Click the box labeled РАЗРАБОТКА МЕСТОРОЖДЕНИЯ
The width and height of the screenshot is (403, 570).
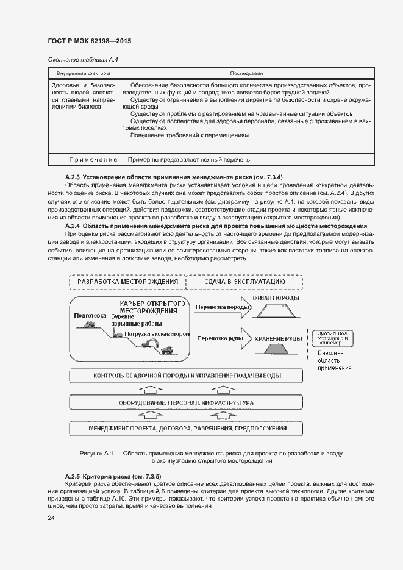point(127,282)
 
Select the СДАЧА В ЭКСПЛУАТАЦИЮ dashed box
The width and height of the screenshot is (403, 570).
point(244,282)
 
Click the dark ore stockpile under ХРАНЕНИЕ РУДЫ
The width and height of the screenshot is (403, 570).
point(278,350)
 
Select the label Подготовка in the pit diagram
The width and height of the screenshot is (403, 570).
point(90,316)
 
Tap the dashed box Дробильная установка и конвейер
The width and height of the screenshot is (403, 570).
point(332,337)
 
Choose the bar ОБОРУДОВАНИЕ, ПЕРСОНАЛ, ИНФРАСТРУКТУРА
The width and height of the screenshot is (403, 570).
point(186,403)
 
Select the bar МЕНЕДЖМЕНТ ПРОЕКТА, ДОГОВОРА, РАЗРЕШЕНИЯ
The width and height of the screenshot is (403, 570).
point(186,429)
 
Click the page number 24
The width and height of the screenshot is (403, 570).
point(51,518)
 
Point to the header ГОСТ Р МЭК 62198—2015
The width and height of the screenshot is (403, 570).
point(89,41)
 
